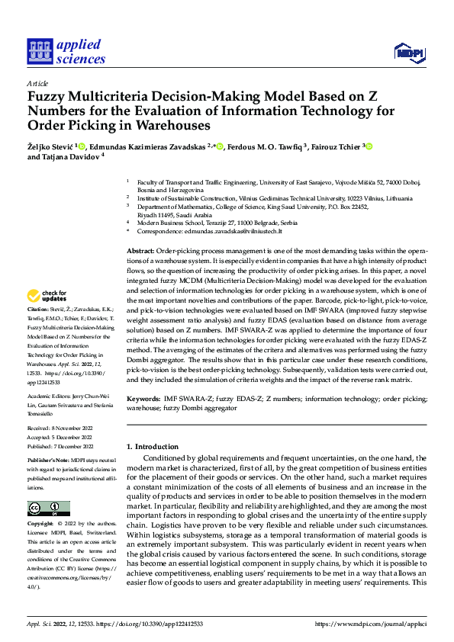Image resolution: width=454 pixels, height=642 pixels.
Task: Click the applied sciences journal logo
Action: [x=66, y=50]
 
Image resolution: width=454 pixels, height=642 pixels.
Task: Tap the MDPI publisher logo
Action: [x=407, y=51]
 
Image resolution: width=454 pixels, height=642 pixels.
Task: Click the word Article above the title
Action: [x=37, y=82]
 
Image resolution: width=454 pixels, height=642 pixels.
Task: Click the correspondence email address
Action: [x=240, y=230]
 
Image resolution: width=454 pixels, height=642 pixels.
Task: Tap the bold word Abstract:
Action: [x=140, y=251]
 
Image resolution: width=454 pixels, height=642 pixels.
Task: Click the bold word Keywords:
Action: [x=143, y=399]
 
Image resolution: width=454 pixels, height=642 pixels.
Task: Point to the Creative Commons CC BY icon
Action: [x=49, y=509]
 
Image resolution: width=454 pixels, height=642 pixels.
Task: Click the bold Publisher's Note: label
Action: [x=49, y=461]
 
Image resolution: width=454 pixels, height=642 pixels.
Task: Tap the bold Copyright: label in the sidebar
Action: [x=41, y=524]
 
